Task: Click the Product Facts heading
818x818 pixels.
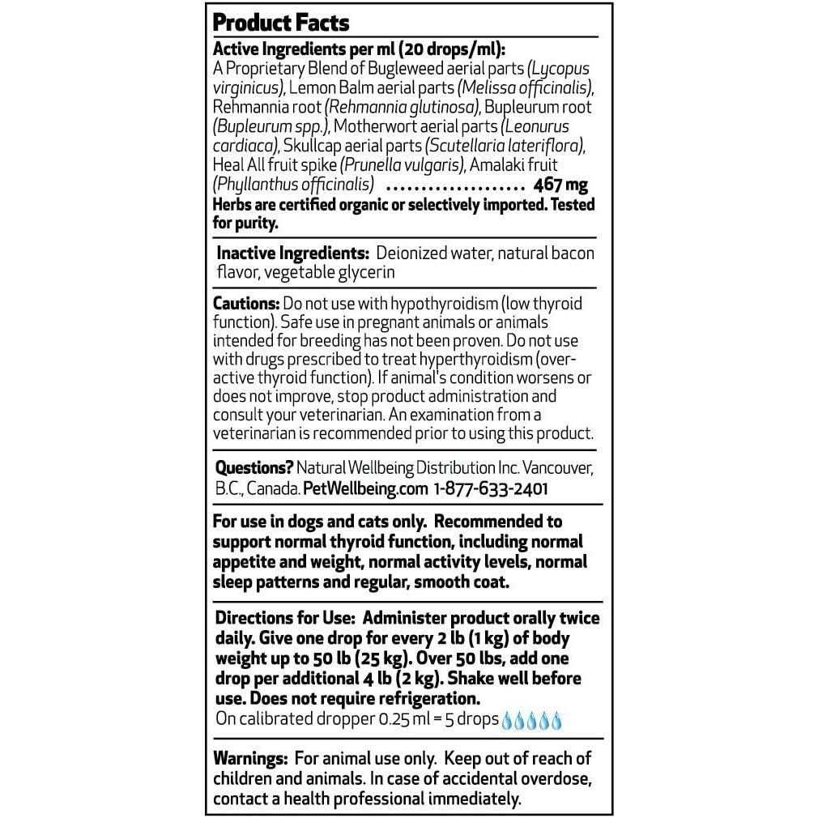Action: (281, 22)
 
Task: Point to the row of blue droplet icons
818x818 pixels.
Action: (532, 720)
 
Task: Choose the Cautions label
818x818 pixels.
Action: (245, 304)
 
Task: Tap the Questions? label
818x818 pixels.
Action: (253, 468)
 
